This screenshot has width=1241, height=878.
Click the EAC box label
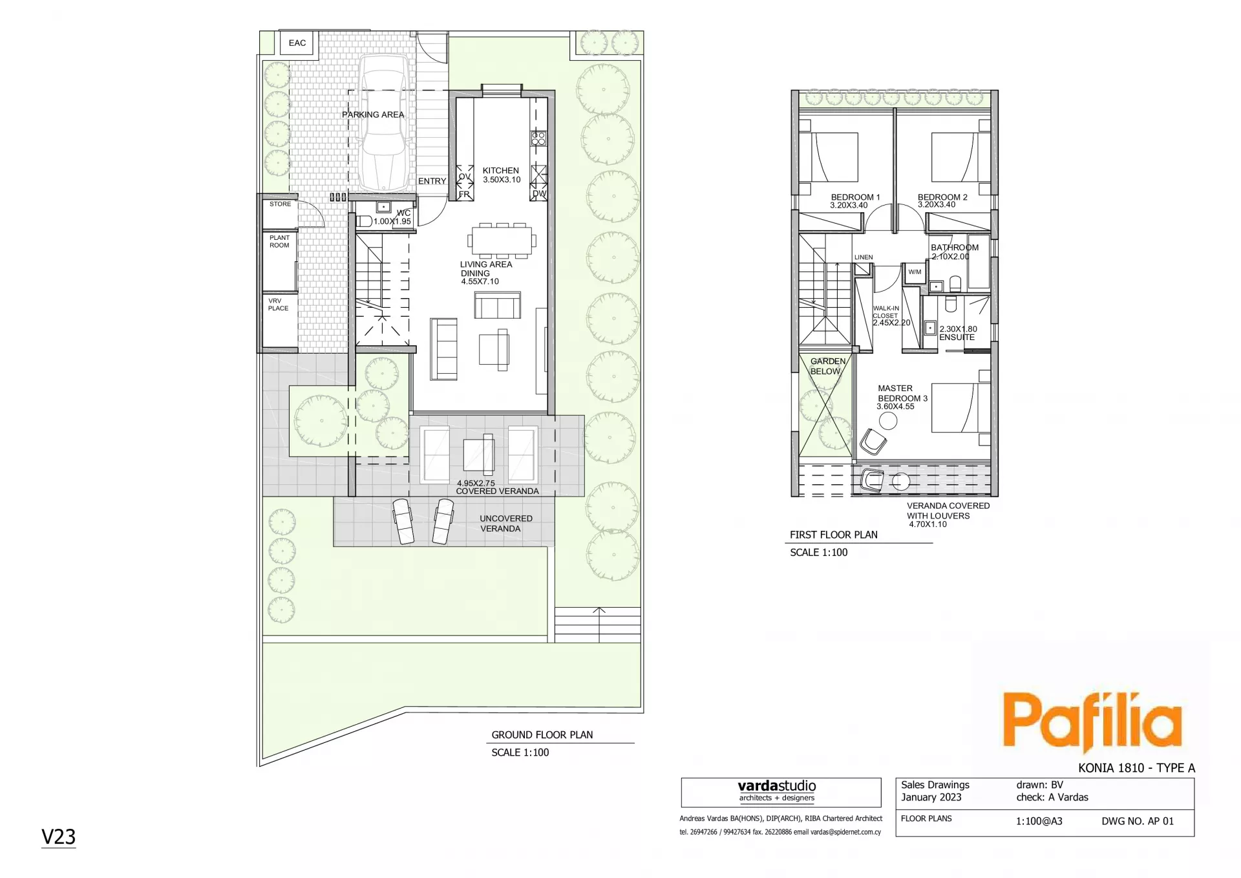point(297,43)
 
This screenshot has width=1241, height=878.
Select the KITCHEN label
point(501,171)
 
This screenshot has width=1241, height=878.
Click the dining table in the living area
point(502,241)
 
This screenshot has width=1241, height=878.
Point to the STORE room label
point(281,204)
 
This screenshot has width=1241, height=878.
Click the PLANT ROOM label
point(279,242)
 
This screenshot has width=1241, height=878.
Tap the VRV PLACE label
point(278,305)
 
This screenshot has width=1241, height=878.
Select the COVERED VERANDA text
point(497,491)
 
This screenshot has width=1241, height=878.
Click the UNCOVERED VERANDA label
point(506,524)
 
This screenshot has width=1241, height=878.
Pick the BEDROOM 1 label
point(855,197)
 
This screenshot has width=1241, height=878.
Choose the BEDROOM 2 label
point(942,197)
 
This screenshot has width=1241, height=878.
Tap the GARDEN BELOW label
point(827,367)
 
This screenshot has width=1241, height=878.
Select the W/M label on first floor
point(915,272)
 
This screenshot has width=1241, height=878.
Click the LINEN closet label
point(864,257)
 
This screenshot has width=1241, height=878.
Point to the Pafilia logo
point(1092,722)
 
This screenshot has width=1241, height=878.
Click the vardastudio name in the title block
point(777,786)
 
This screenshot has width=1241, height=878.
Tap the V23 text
point(58,837)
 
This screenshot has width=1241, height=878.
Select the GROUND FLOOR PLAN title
point(542,735)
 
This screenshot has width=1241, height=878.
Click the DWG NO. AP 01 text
point(1138,822)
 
